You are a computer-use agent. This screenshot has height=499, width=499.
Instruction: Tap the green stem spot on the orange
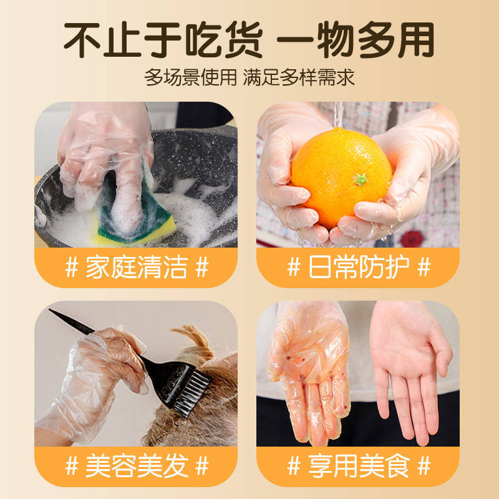359,179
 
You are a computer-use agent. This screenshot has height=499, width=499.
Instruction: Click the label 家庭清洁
136,268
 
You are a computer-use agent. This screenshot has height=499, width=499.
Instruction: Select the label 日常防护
358,268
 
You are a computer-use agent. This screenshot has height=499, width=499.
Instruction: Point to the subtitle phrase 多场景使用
190,77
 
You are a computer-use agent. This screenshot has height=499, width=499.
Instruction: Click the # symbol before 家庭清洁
72,268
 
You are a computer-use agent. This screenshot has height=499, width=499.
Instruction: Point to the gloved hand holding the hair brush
94,380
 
